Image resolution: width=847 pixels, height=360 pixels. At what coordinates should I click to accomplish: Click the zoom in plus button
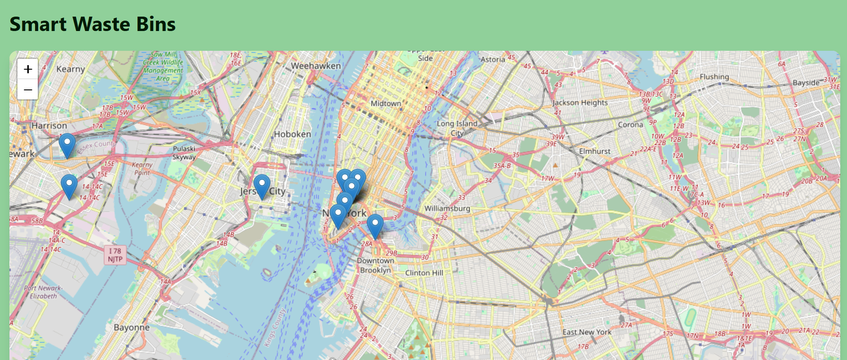pyautogui.click(x=28, y=69)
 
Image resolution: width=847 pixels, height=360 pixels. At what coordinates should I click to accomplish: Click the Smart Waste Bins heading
pyautogui.click(x=93, y=24)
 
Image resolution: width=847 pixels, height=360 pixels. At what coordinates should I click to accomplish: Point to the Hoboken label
pyautogui.click(x=293, y=134)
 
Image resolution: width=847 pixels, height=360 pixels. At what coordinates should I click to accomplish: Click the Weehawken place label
pyautogui.click(x=315, y=66)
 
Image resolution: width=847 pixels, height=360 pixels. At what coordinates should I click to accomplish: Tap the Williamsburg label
pyautogui.click(x=447, y=208)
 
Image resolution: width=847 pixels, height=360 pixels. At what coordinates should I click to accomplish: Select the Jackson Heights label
pyautogui.click(x=580, y=102)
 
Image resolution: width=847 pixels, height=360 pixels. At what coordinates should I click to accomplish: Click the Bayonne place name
pyautogui.click(x=131, y=327)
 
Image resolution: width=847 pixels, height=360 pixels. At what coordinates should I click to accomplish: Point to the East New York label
pyautogui.click(x=586, y=332)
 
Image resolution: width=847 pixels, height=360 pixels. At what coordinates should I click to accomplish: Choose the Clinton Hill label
pyautogui.click(x=424, y=273)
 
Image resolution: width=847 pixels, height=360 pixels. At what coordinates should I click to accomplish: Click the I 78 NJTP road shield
pyautogui.click(x=115, y=255)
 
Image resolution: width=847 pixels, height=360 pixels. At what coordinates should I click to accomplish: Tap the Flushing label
pyautogui.click(x=714, y=77)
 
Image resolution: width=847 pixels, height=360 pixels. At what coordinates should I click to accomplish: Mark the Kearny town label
pyautogui.click(x=71, y=69)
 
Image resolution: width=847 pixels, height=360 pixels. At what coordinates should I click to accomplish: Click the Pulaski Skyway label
pyautogui.click(x=184, y=153)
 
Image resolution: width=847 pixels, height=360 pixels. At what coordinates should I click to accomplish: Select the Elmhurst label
pyautogui.click(x=594, y=151)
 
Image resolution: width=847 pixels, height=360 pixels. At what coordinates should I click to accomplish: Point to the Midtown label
pyautogui.click(x=386, y=103)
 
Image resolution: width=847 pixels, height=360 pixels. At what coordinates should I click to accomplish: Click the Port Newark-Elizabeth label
pyautogui.click(x=43, y=292)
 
